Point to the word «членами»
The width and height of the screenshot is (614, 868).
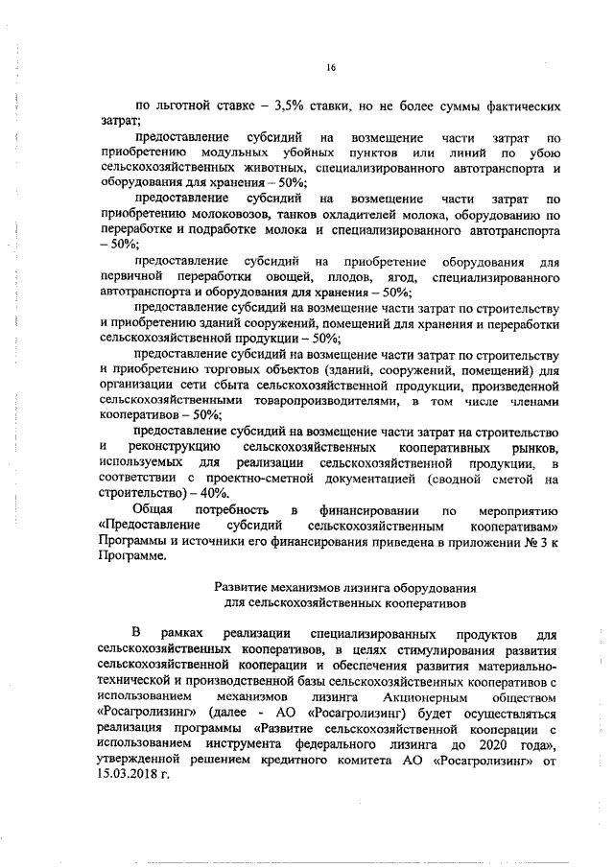tap(532, 401)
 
